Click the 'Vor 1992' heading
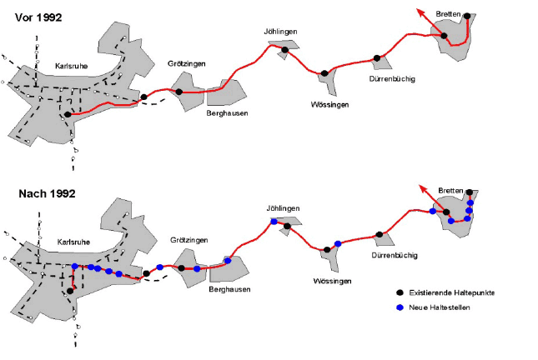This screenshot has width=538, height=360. [x=38, y=17]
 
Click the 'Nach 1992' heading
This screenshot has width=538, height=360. [x=47, y=193]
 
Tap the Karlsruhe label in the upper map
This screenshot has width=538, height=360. [x=72, y=66]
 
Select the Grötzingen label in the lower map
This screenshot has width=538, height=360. [x=189, y=240]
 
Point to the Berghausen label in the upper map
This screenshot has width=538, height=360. [x=227, y=113]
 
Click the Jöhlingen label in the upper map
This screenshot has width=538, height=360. [x=280, y=32]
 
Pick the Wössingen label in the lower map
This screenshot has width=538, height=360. [x=332, y=281]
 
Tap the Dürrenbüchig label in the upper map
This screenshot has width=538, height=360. [x=392, y=79]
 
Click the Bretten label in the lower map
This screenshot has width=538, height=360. [x=451, y=191]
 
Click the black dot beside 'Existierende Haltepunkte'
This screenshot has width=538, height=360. [x=400, y=292]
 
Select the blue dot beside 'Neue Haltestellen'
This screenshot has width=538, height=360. [x=400, y=307]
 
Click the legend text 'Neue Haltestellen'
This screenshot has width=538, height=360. [x=440, y=307]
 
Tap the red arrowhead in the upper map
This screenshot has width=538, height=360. [x=421, y=13]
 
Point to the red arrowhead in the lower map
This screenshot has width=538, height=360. [x=424, y=190]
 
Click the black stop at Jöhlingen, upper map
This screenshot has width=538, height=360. [x=284, y=50]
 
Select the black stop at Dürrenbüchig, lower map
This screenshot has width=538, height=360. [x=380, y=234]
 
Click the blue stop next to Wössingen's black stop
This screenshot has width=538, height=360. [x=338, y=244]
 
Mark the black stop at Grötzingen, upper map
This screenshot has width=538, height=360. [x=178, y=92]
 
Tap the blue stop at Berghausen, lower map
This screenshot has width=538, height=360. [x=228, y=261]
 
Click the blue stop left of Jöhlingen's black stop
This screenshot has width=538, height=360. [x=274, y=222]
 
